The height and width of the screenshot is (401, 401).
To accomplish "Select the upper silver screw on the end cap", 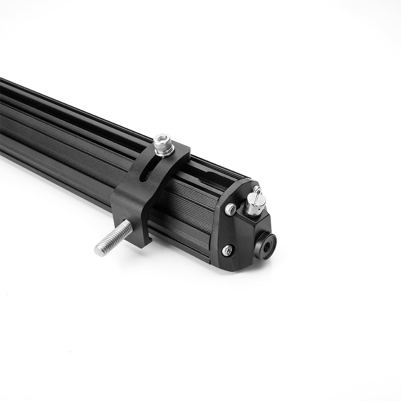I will click(230, 209).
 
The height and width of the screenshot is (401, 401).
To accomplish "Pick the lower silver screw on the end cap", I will click(228, 250).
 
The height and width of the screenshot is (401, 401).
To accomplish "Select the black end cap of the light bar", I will click(241, 233).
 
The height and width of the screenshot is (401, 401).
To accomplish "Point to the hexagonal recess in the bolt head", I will click(162, 140).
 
